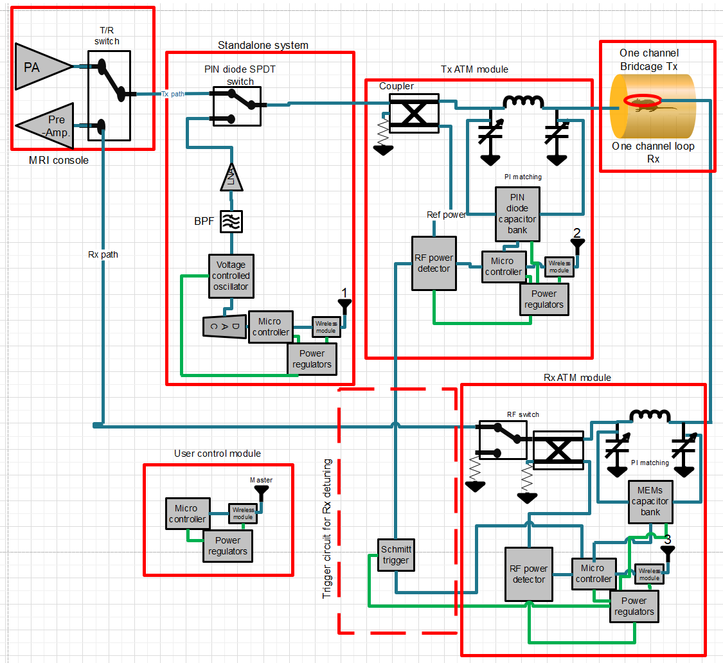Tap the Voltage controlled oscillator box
[231, 276]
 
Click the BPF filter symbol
[231, 222]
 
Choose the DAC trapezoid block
[224, 326]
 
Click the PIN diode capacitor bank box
[517, 213]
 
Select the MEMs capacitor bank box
[650, 501]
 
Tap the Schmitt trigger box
[395, 554]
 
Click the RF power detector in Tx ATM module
[434, 263]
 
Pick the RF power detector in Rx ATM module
[528, 574]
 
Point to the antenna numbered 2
[577, 246]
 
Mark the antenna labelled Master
[262, 493]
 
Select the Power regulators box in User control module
[228, 546]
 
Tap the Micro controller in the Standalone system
[270, 327]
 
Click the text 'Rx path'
[103, 254]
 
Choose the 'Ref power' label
[446, 215]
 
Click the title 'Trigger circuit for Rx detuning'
[327, 528]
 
